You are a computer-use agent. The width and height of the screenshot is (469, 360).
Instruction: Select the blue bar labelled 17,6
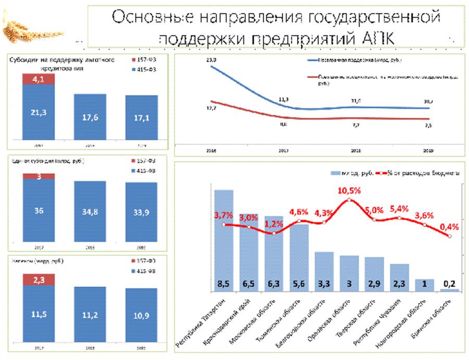click(x=90, y=117)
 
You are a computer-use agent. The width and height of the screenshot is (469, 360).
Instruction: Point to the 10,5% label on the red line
click(x=349, y=191)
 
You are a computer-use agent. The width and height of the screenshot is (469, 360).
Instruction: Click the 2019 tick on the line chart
click(x=429, y=151)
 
